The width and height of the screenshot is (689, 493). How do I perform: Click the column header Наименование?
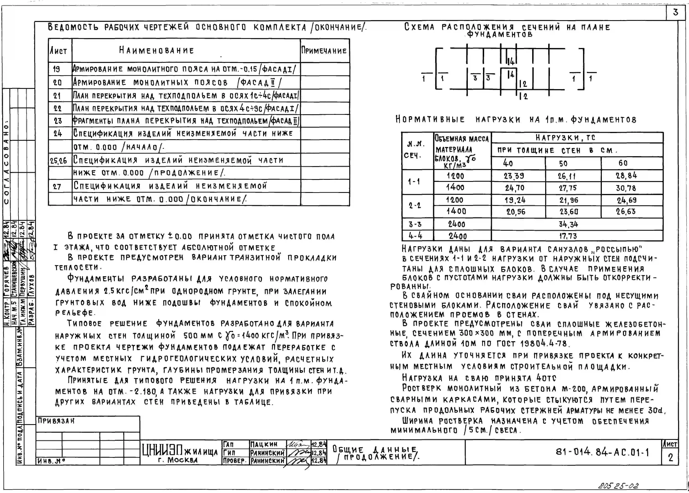tap(156, 50)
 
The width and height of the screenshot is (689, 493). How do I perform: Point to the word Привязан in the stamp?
tap(56, 421)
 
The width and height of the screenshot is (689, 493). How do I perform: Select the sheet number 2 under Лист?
tap(670, 457)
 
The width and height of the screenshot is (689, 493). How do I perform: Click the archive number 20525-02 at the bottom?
tap(618, 485)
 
